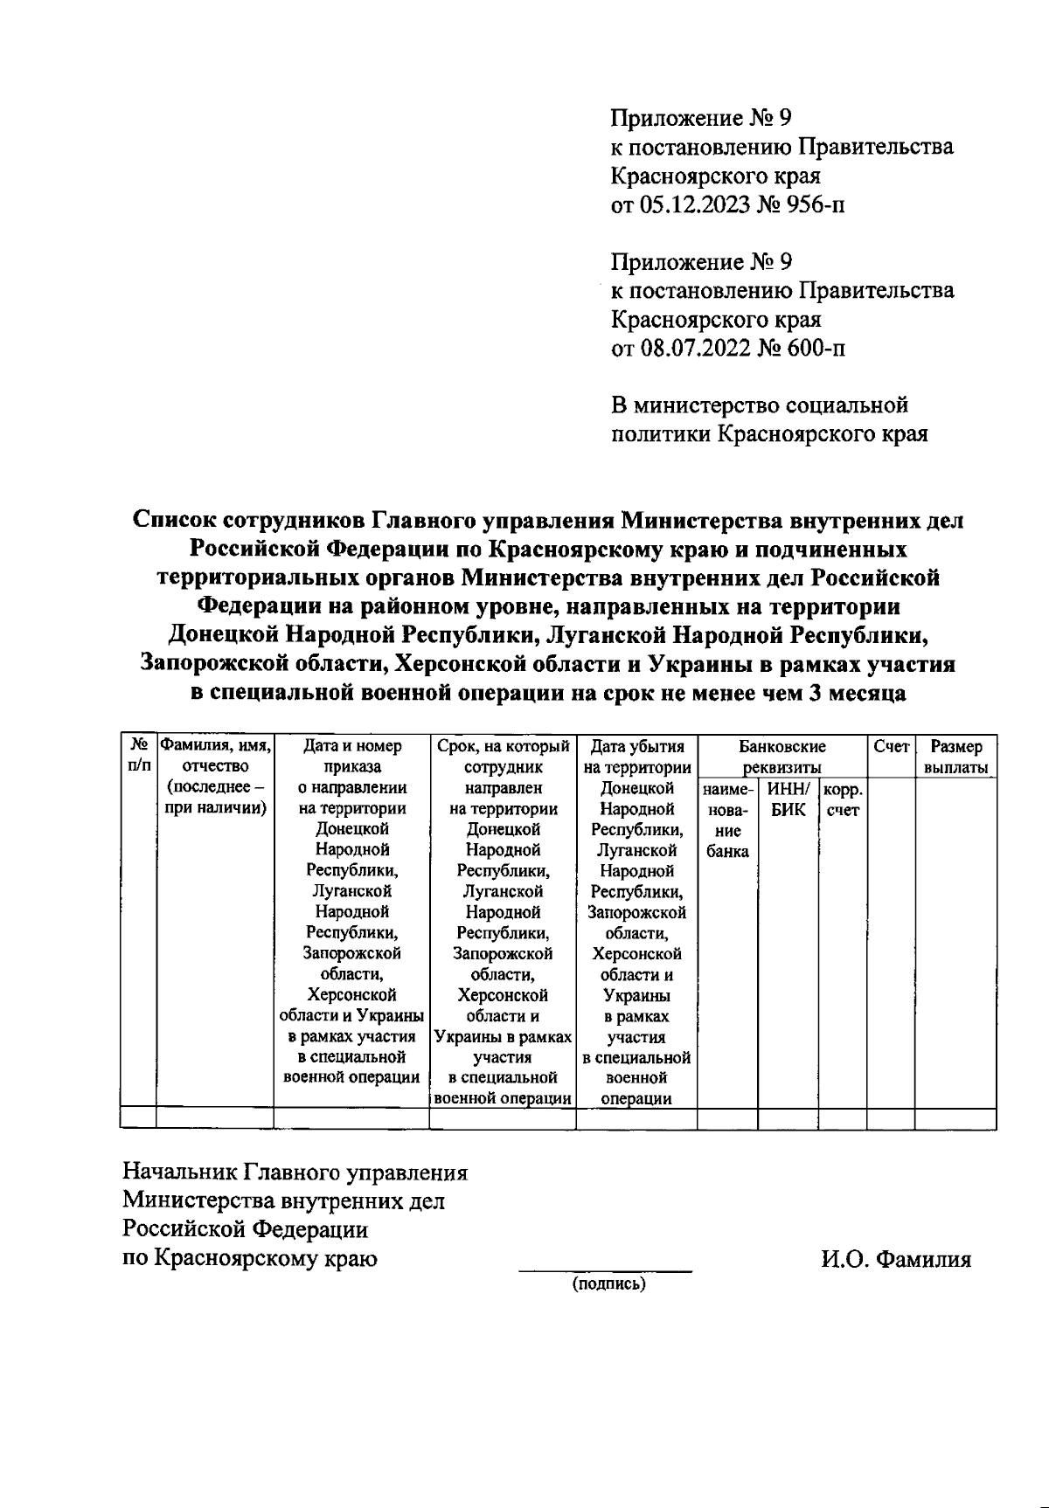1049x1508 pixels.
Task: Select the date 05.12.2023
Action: (690, 205)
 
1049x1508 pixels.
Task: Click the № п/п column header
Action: (138, 757)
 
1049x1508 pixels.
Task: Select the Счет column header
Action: (891, 747)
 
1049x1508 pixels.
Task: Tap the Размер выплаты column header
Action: (955, 757)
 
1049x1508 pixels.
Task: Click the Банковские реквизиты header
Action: (782, 757)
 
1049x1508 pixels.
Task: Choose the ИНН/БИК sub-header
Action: (788, 799)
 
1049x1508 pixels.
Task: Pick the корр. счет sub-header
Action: (843, 799)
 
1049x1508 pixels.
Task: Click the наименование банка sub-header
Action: (727, 820)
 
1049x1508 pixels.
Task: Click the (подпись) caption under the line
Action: (608, 1284)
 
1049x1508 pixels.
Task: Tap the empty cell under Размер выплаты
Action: (955, 1118)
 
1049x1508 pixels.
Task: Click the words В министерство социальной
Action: (759, 405)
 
